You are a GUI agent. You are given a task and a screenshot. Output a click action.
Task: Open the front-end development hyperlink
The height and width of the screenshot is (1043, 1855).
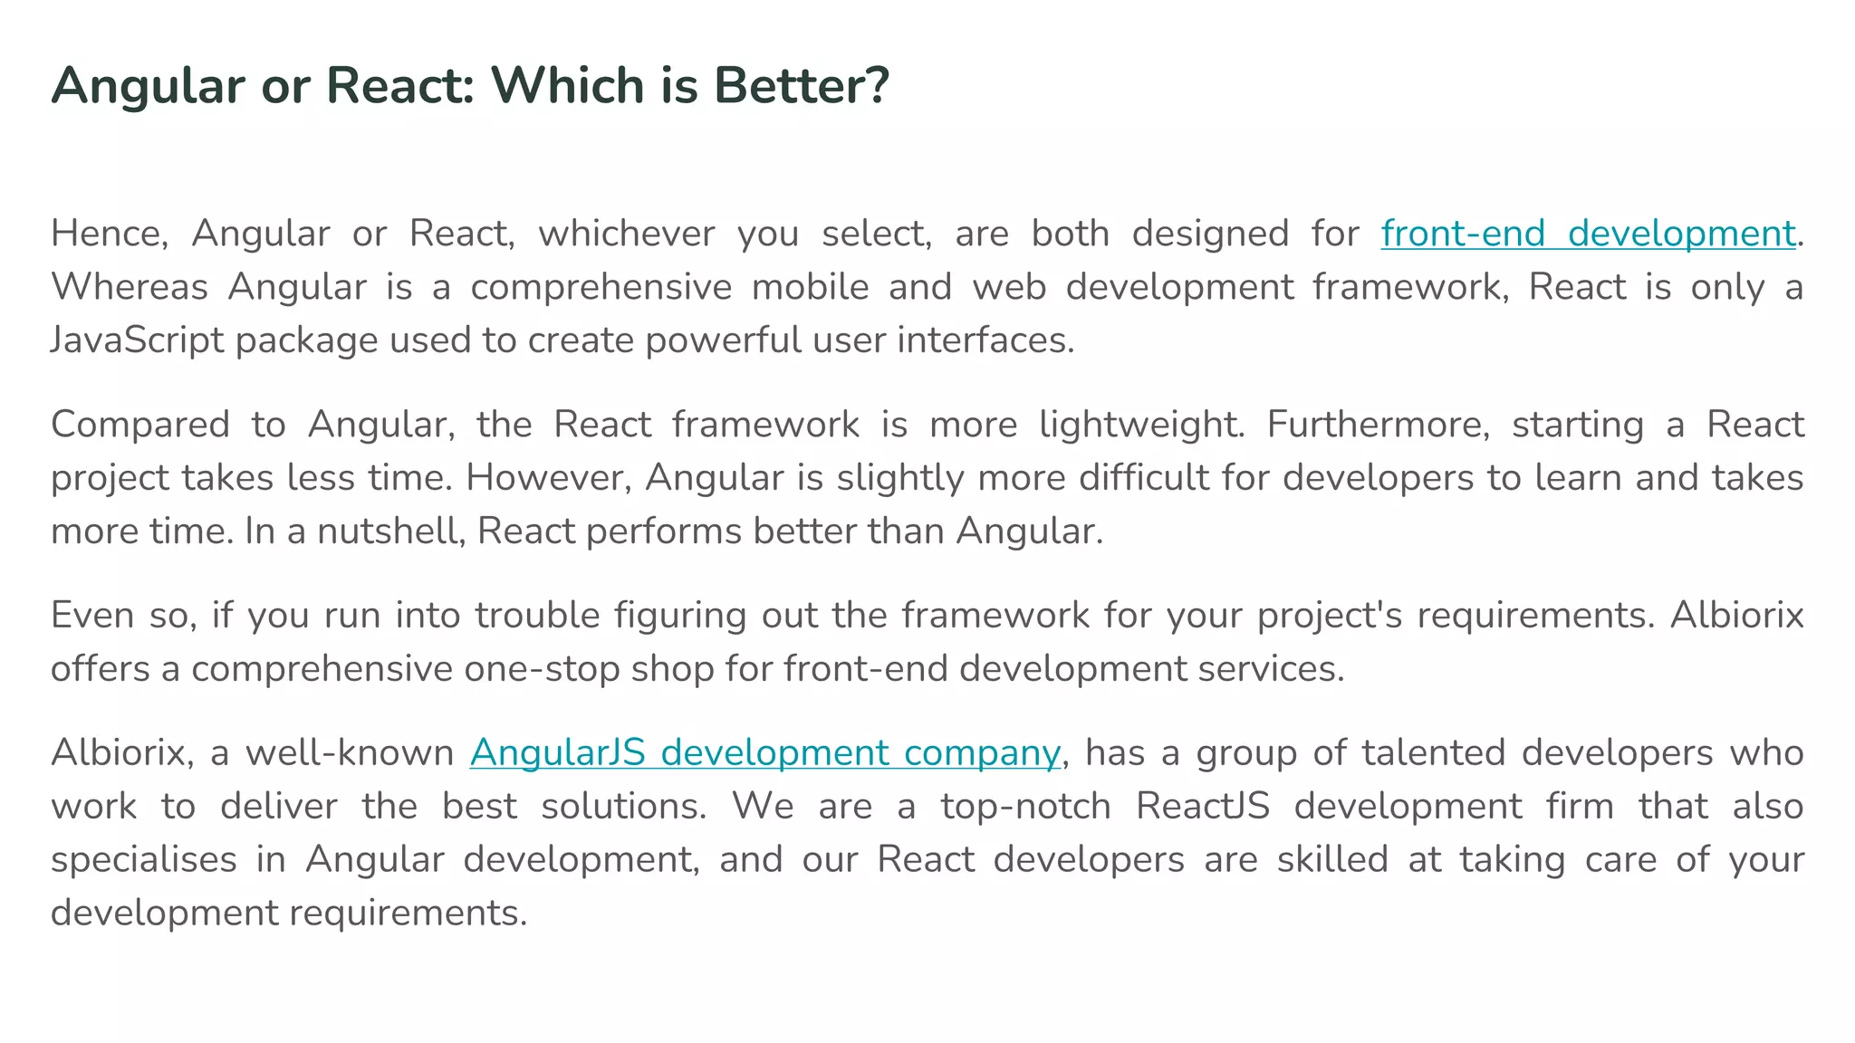1587,234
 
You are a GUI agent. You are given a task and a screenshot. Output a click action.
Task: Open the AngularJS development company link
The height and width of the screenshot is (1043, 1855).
764,753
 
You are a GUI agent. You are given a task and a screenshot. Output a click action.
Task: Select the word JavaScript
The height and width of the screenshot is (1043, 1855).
137,340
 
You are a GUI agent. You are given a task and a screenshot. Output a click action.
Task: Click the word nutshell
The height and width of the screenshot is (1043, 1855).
391,531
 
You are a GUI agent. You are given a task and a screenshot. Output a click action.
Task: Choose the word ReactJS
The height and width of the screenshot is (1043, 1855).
1203,807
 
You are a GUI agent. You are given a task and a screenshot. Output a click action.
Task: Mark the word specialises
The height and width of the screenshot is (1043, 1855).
143,860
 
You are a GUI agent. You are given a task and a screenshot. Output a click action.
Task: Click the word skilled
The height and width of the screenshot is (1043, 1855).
1332,860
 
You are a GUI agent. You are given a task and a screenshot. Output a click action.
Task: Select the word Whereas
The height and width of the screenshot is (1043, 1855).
129,287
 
